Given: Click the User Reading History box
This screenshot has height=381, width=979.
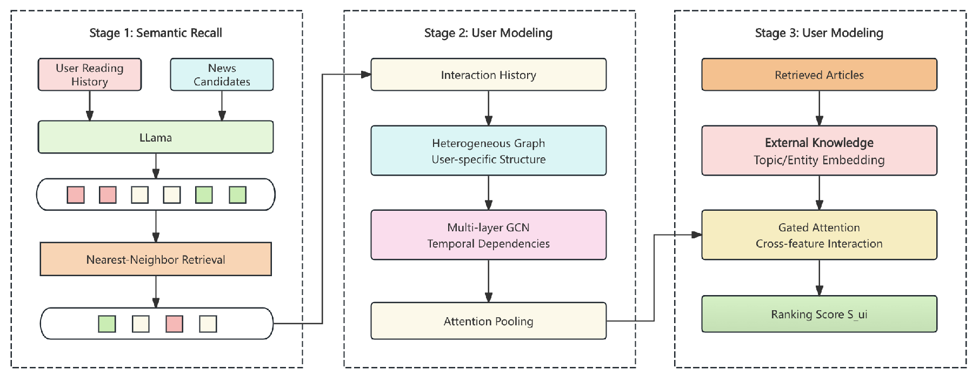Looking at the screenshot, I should point(89,75).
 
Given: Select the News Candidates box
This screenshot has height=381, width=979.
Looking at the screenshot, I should point(222,75).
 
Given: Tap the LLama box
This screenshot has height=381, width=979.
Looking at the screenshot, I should point(156,137).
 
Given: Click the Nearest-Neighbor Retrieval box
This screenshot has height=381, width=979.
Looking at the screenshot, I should point(156,259).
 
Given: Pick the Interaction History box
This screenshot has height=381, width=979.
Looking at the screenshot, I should point(488,75).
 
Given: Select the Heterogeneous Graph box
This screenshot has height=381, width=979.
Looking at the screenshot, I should point(488,151).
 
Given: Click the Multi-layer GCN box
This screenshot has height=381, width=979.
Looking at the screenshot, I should point(488,235).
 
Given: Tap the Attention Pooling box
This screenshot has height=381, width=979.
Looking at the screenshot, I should point(488,321).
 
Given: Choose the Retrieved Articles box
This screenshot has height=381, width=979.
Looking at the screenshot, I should point(819,75).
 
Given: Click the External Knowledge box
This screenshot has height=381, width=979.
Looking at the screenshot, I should point(819,151).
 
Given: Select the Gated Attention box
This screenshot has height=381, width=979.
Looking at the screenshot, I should point(819,235).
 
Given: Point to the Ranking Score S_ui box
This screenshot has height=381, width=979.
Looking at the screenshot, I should point(819,314).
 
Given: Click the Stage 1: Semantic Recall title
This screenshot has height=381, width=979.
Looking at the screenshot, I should point(156,33).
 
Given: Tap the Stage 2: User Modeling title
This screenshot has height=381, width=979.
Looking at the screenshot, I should point(488,33).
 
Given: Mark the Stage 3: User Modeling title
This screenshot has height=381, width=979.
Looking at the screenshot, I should point(819,33).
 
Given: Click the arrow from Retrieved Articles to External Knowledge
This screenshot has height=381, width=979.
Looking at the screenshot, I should point(819,108).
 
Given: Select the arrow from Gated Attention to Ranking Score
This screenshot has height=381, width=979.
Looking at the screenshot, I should point(819,278).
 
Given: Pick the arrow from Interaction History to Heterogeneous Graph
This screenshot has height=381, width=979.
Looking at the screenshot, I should point(488,108).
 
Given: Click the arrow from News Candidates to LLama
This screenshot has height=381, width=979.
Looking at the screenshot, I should point(222,105).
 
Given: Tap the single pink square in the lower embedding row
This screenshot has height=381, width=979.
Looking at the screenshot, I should point(174,324).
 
